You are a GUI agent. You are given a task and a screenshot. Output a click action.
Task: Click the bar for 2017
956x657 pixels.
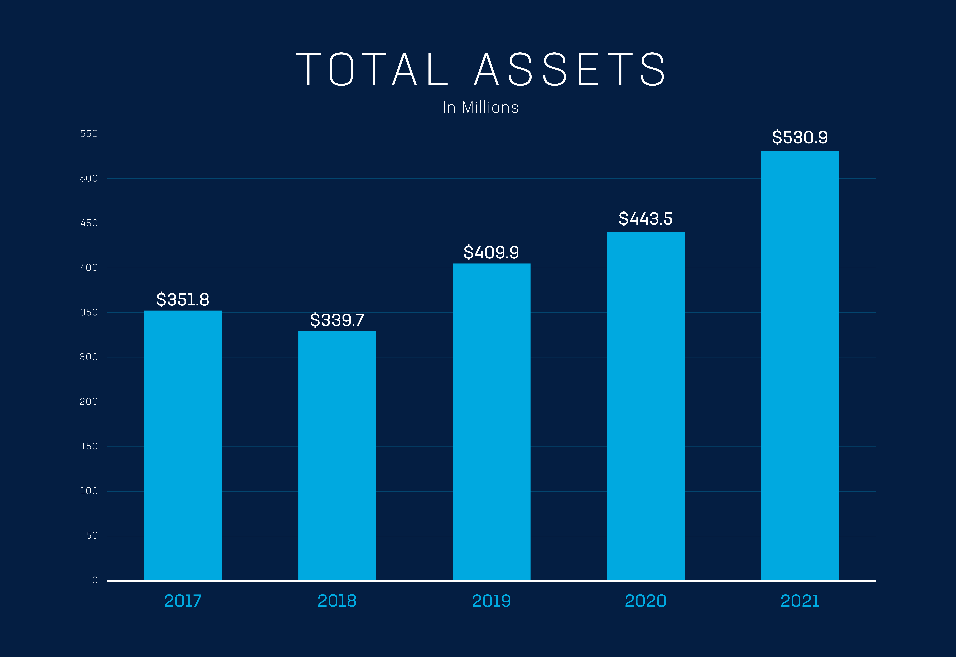(183, 445)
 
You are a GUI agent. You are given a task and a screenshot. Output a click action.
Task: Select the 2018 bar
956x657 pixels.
(337, 456)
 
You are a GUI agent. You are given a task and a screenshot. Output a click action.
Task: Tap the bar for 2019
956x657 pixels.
(491, 422)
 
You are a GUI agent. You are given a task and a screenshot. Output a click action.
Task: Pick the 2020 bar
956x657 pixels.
(646, 406)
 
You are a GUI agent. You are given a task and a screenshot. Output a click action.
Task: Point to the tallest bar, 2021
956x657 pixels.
(800, 366)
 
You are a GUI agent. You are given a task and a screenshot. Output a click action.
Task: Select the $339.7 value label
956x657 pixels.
(337, 320)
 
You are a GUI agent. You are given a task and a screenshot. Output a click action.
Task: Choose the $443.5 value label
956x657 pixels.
(646, 219)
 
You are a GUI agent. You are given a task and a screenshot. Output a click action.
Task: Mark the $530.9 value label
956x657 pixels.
(800, 137)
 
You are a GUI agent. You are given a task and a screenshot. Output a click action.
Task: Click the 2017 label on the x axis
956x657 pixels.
(183, 601)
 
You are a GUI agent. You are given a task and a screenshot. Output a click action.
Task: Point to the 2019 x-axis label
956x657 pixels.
(491, 601)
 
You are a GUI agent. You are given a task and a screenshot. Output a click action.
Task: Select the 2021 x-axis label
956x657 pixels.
(800, 601)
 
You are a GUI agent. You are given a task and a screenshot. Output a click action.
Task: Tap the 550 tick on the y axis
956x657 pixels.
(89, 134)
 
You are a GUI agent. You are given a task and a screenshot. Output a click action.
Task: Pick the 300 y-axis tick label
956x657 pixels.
(89, 357)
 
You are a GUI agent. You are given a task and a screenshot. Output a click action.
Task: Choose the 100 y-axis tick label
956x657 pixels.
(89, 491)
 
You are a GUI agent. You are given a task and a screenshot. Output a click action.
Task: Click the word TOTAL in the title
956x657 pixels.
(372, 69)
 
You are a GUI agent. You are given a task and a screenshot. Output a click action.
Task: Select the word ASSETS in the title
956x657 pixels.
(570, 69)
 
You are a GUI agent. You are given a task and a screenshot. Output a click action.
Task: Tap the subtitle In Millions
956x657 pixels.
(481, 107)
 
